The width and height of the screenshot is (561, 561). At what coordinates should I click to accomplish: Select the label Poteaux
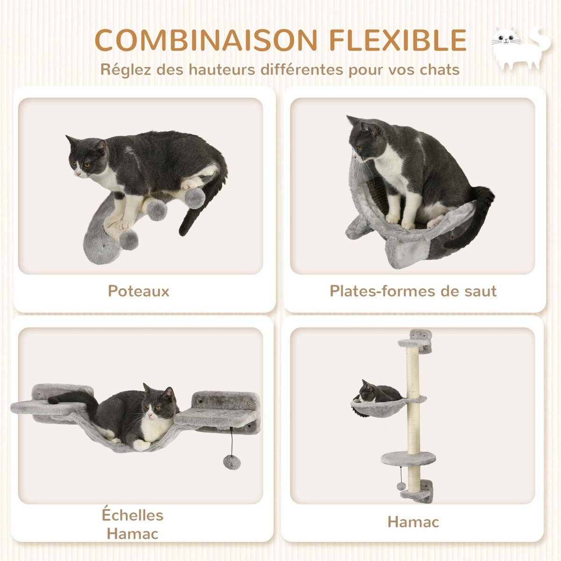point(138,291)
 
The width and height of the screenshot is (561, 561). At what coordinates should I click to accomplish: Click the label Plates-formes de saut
point(413,291)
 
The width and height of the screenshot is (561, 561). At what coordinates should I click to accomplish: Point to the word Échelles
point(133,515)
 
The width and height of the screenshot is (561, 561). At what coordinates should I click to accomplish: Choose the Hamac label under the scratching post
point(413,522)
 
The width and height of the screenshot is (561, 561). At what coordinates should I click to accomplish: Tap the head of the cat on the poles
point(87,157)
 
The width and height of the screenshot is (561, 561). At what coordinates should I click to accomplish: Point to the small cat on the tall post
point(376,393)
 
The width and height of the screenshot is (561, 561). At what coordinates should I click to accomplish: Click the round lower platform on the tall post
point(402,458)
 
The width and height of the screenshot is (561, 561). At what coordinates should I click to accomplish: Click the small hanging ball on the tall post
point(401,486)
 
